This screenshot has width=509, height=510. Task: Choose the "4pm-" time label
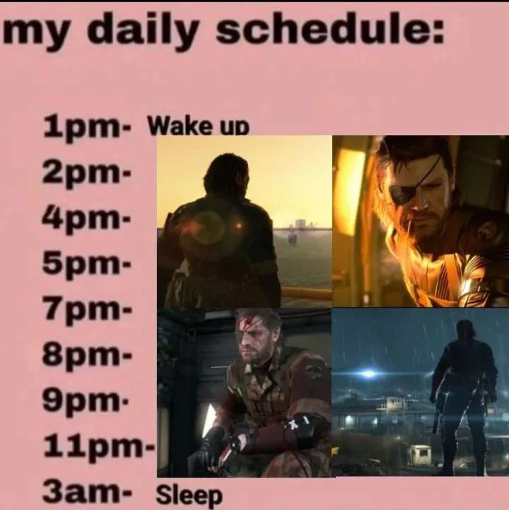pyautogui.click(x=86, y=219)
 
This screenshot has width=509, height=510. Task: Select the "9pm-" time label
pyautogui.click(x=86, y=401)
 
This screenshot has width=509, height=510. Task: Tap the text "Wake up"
pyautogui.click(x=199, y=127)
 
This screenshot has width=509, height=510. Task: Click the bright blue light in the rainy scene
pyautogui.click(x=368, y=374)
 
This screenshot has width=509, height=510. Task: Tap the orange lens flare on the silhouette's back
pyautogui.click(x=238, y=226)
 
